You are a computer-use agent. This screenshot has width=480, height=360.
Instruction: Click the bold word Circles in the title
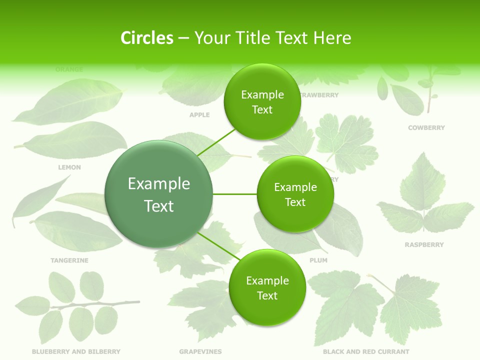[x=146, y=38]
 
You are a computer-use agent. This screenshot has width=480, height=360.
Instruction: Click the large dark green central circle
[x=159, y=194]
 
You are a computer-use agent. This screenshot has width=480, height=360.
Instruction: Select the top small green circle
[x=262, y=102]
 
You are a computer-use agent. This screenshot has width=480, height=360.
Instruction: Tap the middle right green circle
[x=295, y=194]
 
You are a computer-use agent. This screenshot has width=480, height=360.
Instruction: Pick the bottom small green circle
[x=267, y=288]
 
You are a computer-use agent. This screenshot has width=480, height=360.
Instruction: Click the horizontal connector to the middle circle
[x=234, y=194]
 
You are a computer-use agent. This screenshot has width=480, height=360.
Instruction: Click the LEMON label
[x=69, y=167]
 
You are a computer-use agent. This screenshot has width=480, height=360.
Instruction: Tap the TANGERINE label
[x=69, y=260]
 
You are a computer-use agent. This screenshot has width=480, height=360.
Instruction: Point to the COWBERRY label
[x=426, y=128]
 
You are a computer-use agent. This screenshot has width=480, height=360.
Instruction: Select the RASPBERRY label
[x=424, y=245]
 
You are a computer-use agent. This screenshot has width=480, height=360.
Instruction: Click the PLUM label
[x=318, y=260]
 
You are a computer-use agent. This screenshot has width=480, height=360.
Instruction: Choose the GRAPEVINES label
[x=200, y=352]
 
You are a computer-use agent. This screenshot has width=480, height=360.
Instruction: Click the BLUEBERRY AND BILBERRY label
[x=76, y=352]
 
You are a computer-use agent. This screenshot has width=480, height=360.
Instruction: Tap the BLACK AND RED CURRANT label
[x=366, y=352]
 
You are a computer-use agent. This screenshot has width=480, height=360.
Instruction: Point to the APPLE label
[x=199, y=115]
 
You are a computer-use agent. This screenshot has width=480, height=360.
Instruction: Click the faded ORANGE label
[x=69, y=69]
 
